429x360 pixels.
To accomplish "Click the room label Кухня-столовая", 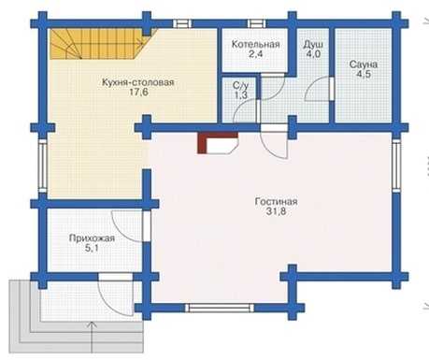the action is point(137,82).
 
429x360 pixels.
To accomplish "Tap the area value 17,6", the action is point(138,93).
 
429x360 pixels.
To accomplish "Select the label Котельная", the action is point(255,44).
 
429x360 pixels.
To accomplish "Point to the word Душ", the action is point(313,44).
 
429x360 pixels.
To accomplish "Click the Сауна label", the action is point(364,65).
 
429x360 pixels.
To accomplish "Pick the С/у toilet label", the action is point(240,85).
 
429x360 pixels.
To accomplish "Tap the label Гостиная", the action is point(276,201).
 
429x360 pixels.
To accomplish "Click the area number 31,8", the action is point(276,211).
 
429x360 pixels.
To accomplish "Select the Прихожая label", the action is point(92,238).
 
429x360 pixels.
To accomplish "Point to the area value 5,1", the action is point(91,249).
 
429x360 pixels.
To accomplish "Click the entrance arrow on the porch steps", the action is point(92,338).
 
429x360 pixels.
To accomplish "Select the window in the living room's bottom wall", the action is point(220,308).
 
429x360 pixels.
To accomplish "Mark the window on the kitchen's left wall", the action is point(43,166).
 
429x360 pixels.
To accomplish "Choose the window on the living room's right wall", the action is point(396,166).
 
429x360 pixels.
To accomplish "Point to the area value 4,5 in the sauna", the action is point(364,75).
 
